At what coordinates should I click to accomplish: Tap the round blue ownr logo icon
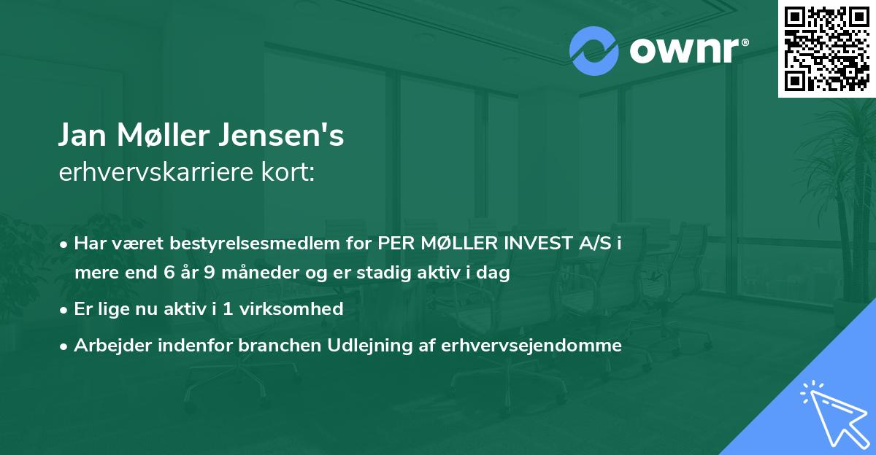594,50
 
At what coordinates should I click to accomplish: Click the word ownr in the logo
680,51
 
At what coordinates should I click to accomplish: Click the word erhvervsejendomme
531,346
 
